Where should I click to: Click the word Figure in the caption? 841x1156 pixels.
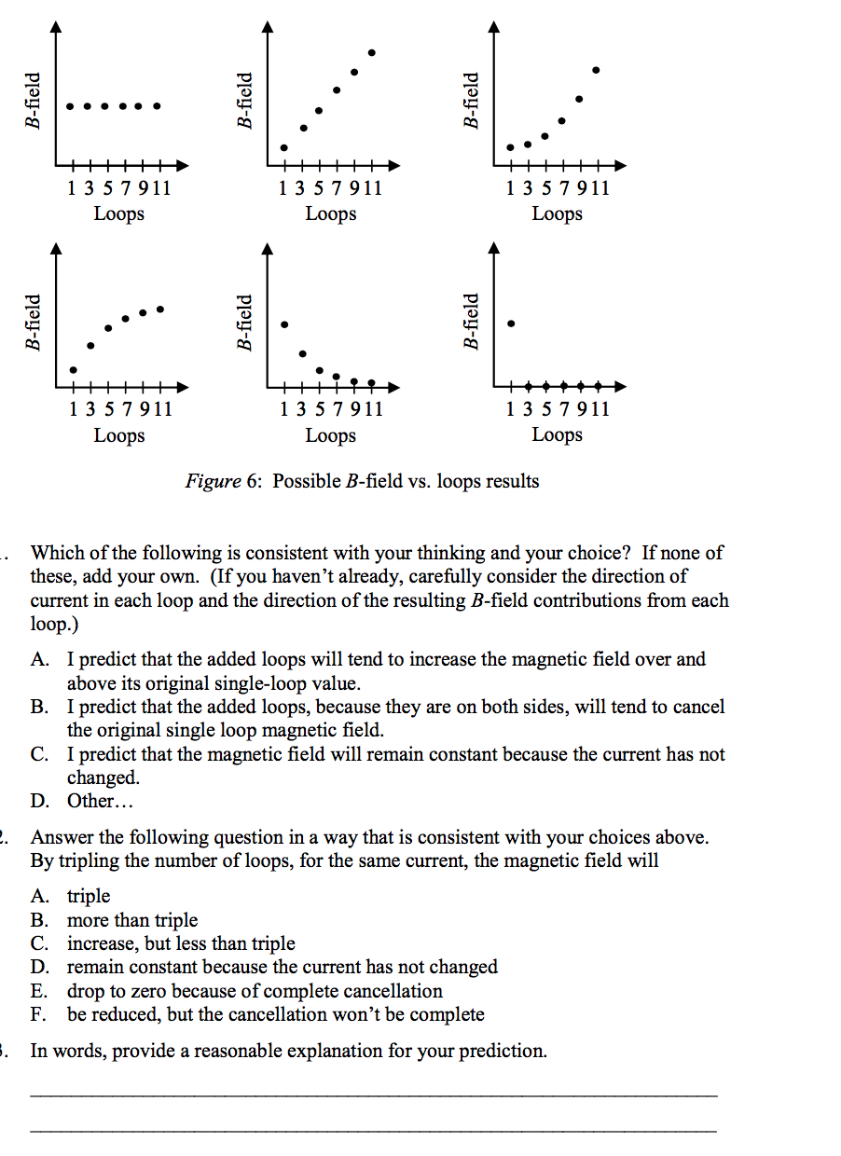click(212, 481)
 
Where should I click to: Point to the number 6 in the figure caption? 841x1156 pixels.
click(252, 481)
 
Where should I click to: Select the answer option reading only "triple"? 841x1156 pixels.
click(89, 896)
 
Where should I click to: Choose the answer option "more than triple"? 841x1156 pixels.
click(131, 920)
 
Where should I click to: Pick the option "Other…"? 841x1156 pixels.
click(93, 801)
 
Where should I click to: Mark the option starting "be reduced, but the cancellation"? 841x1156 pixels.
click(275, 1014)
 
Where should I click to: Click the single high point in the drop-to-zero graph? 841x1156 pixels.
click(511, 323)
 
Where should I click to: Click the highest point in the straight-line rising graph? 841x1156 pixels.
click(372, 52)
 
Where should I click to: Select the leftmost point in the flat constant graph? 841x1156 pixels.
click(70, 105)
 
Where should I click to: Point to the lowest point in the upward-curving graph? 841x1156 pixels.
click(510, 147)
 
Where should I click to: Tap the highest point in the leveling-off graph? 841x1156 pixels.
click(160, 309)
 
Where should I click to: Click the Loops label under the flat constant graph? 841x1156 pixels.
click(118, 213)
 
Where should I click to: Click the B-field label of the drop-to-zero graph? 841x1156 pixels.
click(471, 323)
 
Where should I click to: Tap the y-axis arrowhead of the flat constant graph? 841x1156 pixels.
click(58, 25)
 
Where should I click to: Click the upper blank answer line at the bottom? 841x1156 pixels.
click(373, 1094)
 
